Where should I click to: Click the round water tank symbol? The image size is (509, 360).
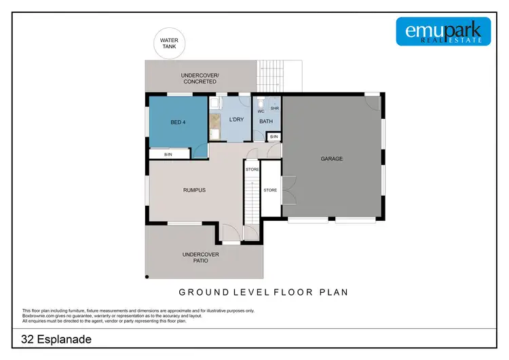coord(169,43)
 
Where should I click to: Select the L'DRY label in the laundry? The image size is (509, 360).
coord(236,120)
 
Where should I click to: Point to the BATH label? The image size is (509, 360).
coord(265,122)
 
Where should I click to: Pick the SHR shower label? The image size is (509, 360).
coord(275,108)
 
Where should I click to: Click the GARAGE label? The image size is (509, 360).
coord(332,159)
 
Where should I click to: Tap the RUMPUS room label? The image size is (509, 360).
coord(194,190)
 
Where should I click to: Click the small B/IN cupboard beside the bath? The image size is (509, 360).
coord(274,137)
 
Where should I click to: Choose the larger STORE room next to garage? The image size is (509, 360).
coord(270,190)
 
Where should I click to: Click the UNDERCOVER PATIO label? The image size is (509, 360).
coord(200,257)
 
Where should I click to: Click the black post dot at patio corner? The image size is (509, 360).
coord(147,276)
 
